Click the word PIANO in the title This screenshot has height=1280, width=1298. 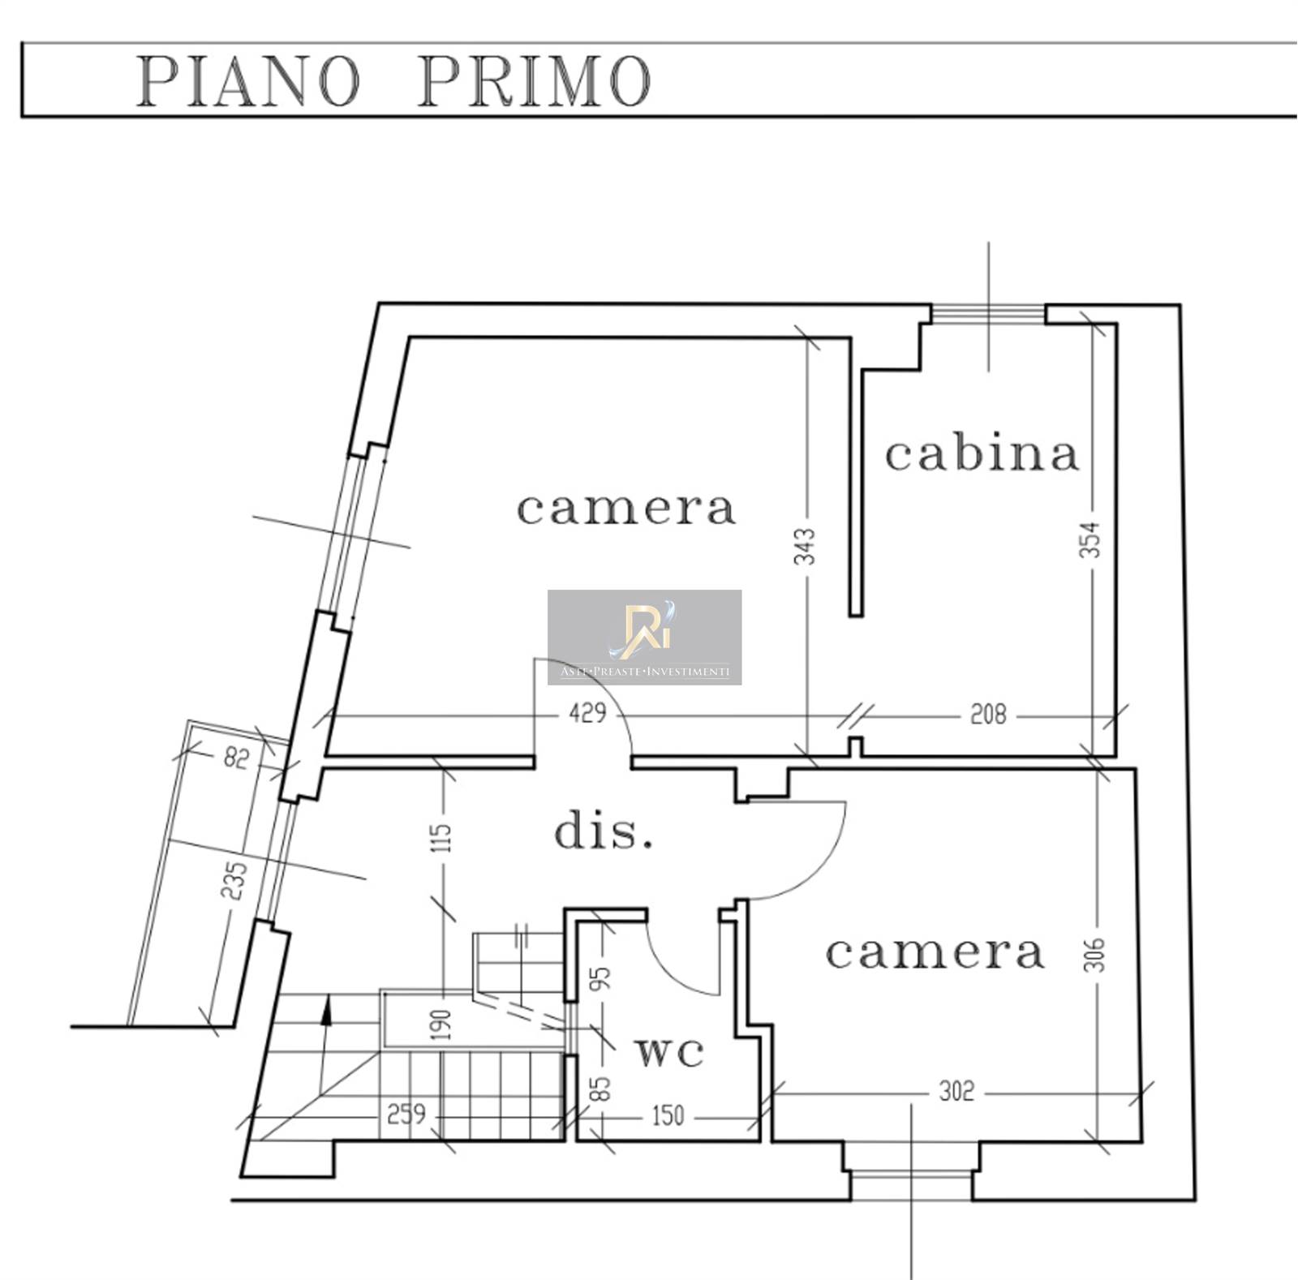coord(247,81)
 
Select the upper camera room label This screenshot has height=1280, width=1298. coord(626,509)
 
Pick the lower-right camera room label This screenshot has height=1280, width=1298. coord(935,952)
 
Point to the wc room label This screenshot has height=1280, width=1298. coord(669,1052)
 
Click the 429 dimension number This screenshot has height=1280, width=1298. coord(587,714)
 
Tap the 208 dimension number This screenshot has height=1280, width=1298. coord(988,715)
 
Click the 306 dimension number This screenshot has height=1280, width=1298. coord(1094,955)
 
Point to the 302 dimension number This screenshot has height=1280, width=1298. coord(956,1092)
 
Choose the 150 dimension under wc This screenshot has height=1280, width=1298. coord(668,1116)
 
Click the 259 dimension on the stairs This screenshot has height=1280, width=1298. coord(406,1114)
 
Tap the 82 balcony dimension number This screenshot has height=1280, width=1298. coord(235,759)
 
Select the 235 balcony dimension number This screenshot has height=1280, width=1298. coord(234,881)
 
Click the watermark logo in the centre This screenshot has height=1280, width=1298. coord(644,637)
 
